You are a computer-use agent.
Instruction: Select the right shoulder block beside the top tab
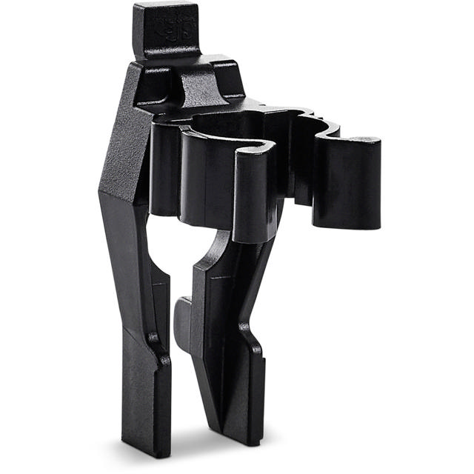222,78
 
